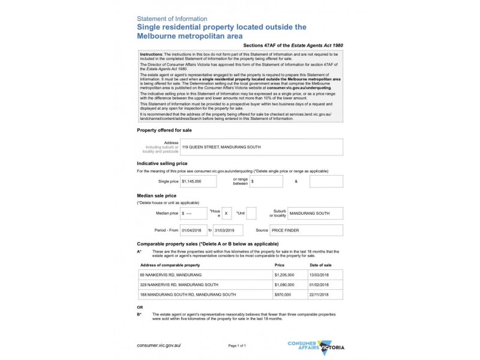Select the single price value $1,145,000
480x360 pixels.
(198, 181)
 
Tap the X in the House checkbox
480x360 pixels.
(226, 213)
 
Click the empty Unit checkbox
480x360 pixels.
(251, 213)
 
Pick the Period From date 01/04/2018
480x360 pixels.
(193, 230)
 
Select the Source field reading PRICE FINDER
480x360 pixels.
(306, 230)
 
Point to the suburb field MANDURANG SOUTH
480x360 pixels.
(314, 213)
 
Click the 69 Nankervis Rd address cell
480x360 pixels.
(205, 274)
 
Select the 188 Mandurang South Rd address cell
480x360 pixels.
(205, 295)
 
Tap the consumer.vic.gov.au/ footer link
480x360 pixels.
(158, 346)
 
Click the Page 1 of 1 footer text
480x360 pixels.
(237, 346)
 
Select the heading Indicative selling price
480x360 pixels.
(162, 163)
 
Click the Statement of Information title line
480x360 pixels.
(172, 19)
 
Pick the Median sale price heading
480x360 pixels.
(156, 196)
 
